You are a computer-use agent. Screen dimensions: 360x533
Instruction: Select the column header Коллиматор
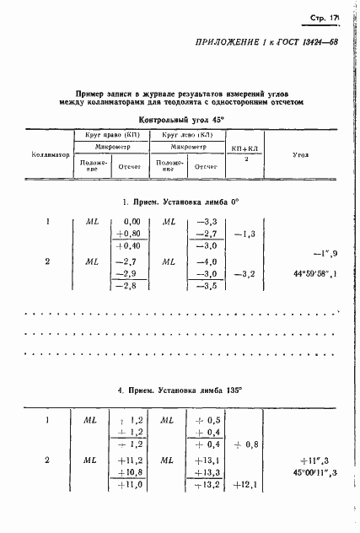point(50,155)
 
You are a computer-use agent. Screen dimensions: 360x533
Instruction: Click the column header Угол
point(300,155)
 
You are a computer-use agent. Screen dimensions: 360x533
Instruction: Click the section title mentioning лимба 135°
point(180,391)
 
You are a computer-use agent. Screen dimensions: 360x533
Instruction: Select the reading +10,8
point(126,473)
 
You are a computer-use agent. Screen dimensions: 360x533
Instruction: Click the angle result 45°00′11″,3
point(315,473)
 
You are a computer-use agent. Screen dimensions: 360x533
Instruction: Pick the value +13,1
point(207,460)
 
